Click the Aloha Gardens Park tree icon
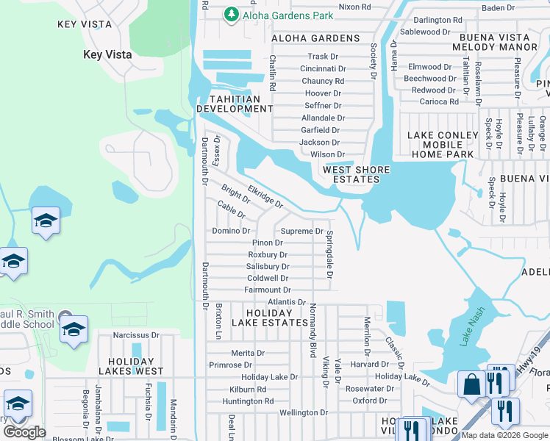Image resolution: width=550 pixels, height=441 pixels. (232, 15)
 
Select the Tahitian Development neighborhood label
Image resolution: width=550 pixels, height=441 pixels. (235, 104)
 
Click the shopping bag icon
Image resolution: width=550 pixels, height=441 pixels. (470, 384)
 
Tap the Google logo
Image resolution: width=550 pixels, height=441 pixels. (24, 431)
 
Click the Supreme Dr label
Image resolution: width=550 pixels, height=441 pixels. (302, 231)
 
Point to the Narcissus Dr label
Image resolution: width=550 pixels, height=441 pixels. (136, 335)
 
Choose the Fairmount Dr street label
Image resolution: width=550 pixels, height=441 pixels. (268, 290)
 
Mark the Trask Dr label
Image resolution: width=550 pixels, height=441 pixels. (323, 57)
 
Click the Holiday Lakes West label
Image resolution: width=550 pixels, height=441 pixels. (135, 366)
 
